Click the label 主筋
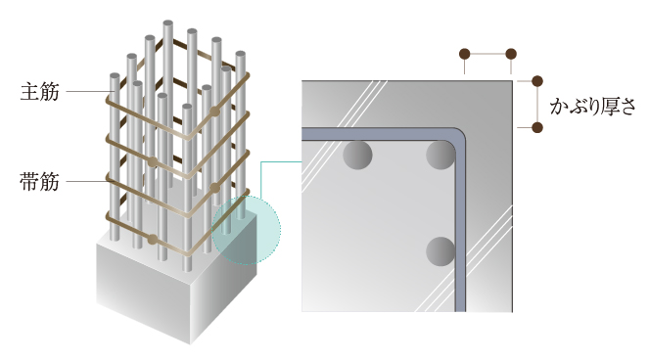(40, 91)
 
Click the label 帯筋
(40, 182)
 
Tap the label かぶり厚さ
(592, 106)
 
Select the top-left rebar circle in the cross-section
(357, 155)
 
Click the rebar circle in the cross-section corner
(440, 155)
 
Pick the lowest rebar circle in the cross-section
(440, 251)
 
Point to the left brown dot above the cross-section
(465, 54)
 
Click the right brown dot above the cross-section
(511, 54)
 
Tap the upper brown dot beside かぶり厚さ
(537, 81)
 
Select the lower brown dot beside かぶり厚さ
(537, 127)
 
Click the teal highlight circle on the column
(247, 230)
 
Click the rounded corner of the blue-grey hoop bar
(459, 135)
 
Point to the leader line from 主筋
(88, 91)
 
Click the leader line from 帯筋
(88, 181)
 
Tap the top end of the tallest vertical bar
(168, 22)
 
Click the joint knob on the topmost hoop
(214, 112)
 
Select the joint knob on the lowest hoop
(153, 239)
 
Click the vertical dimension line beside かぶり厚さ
(537, 105)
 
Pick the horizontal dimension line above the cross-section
(488, 54)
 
